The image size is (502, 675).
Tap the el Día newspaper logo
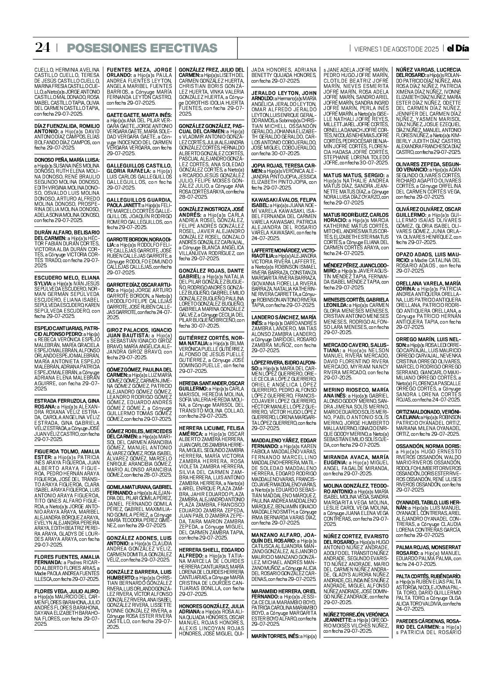[457, 48]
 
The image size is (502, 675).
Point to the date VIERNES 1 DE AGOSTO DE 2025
[396, 49]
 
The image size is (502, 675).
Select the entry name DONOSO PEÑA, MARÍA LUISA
[67, 160]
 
